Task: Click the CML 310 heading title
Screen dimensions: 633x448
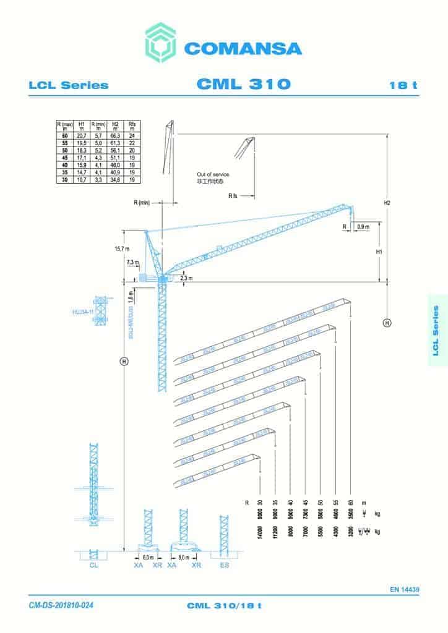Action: [x=243, y=84]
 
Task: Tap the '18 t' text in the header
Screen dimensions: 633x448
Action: [x=403, y=85]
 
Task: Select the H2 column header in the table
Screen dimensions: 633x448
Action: [x=115, y=125]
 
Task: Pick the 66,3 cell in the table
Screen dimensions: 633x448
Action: [x=115, y=135]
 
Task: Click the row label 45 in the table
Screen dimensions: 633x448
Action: [x=64, y=157]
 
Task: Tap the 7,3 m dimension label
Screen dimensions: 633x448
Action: [x=132, y=262]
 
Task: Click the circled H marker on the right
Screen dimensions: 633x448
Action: [x=387, y=322]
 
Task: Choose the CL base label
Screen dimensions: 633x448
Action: [x=93, y=564]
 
